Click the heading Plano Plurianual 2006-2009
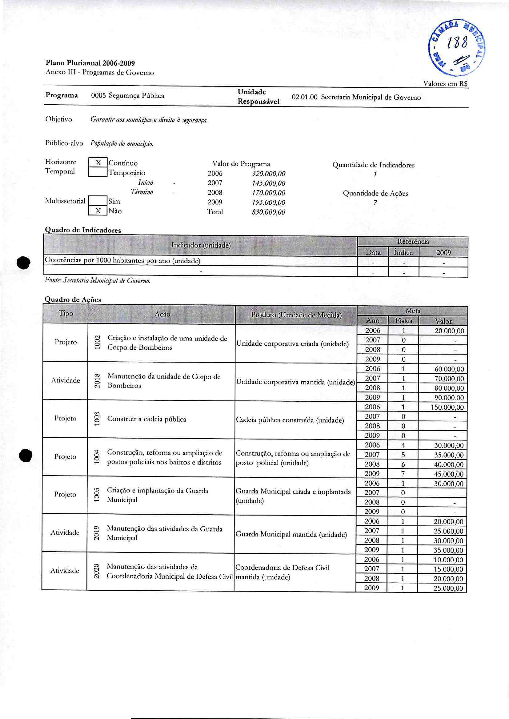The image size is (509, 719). (x=90, y=63)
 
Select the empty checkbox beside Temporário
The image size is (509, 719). (x=98, y=172)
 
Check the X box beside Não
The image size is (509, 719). (x=98, y=211)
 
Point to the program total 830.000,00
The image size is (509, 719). (x=268, y=212)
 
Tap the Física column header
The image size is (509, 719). (x=403, y=321)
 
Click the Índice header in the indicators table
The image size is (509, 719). (x=403, y=252)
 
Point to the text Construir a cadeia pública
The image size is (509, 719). (x=147, y=419)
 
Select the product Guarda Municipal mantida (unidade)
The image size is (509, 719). (x=291, y=535)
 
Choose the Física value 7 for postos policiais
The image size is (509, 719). (x=403, y=474)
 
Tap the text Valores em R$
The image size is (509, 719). (x=445, y=84)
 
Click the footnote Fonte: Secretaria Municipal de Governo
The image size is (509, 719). (x=98, y=281)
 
